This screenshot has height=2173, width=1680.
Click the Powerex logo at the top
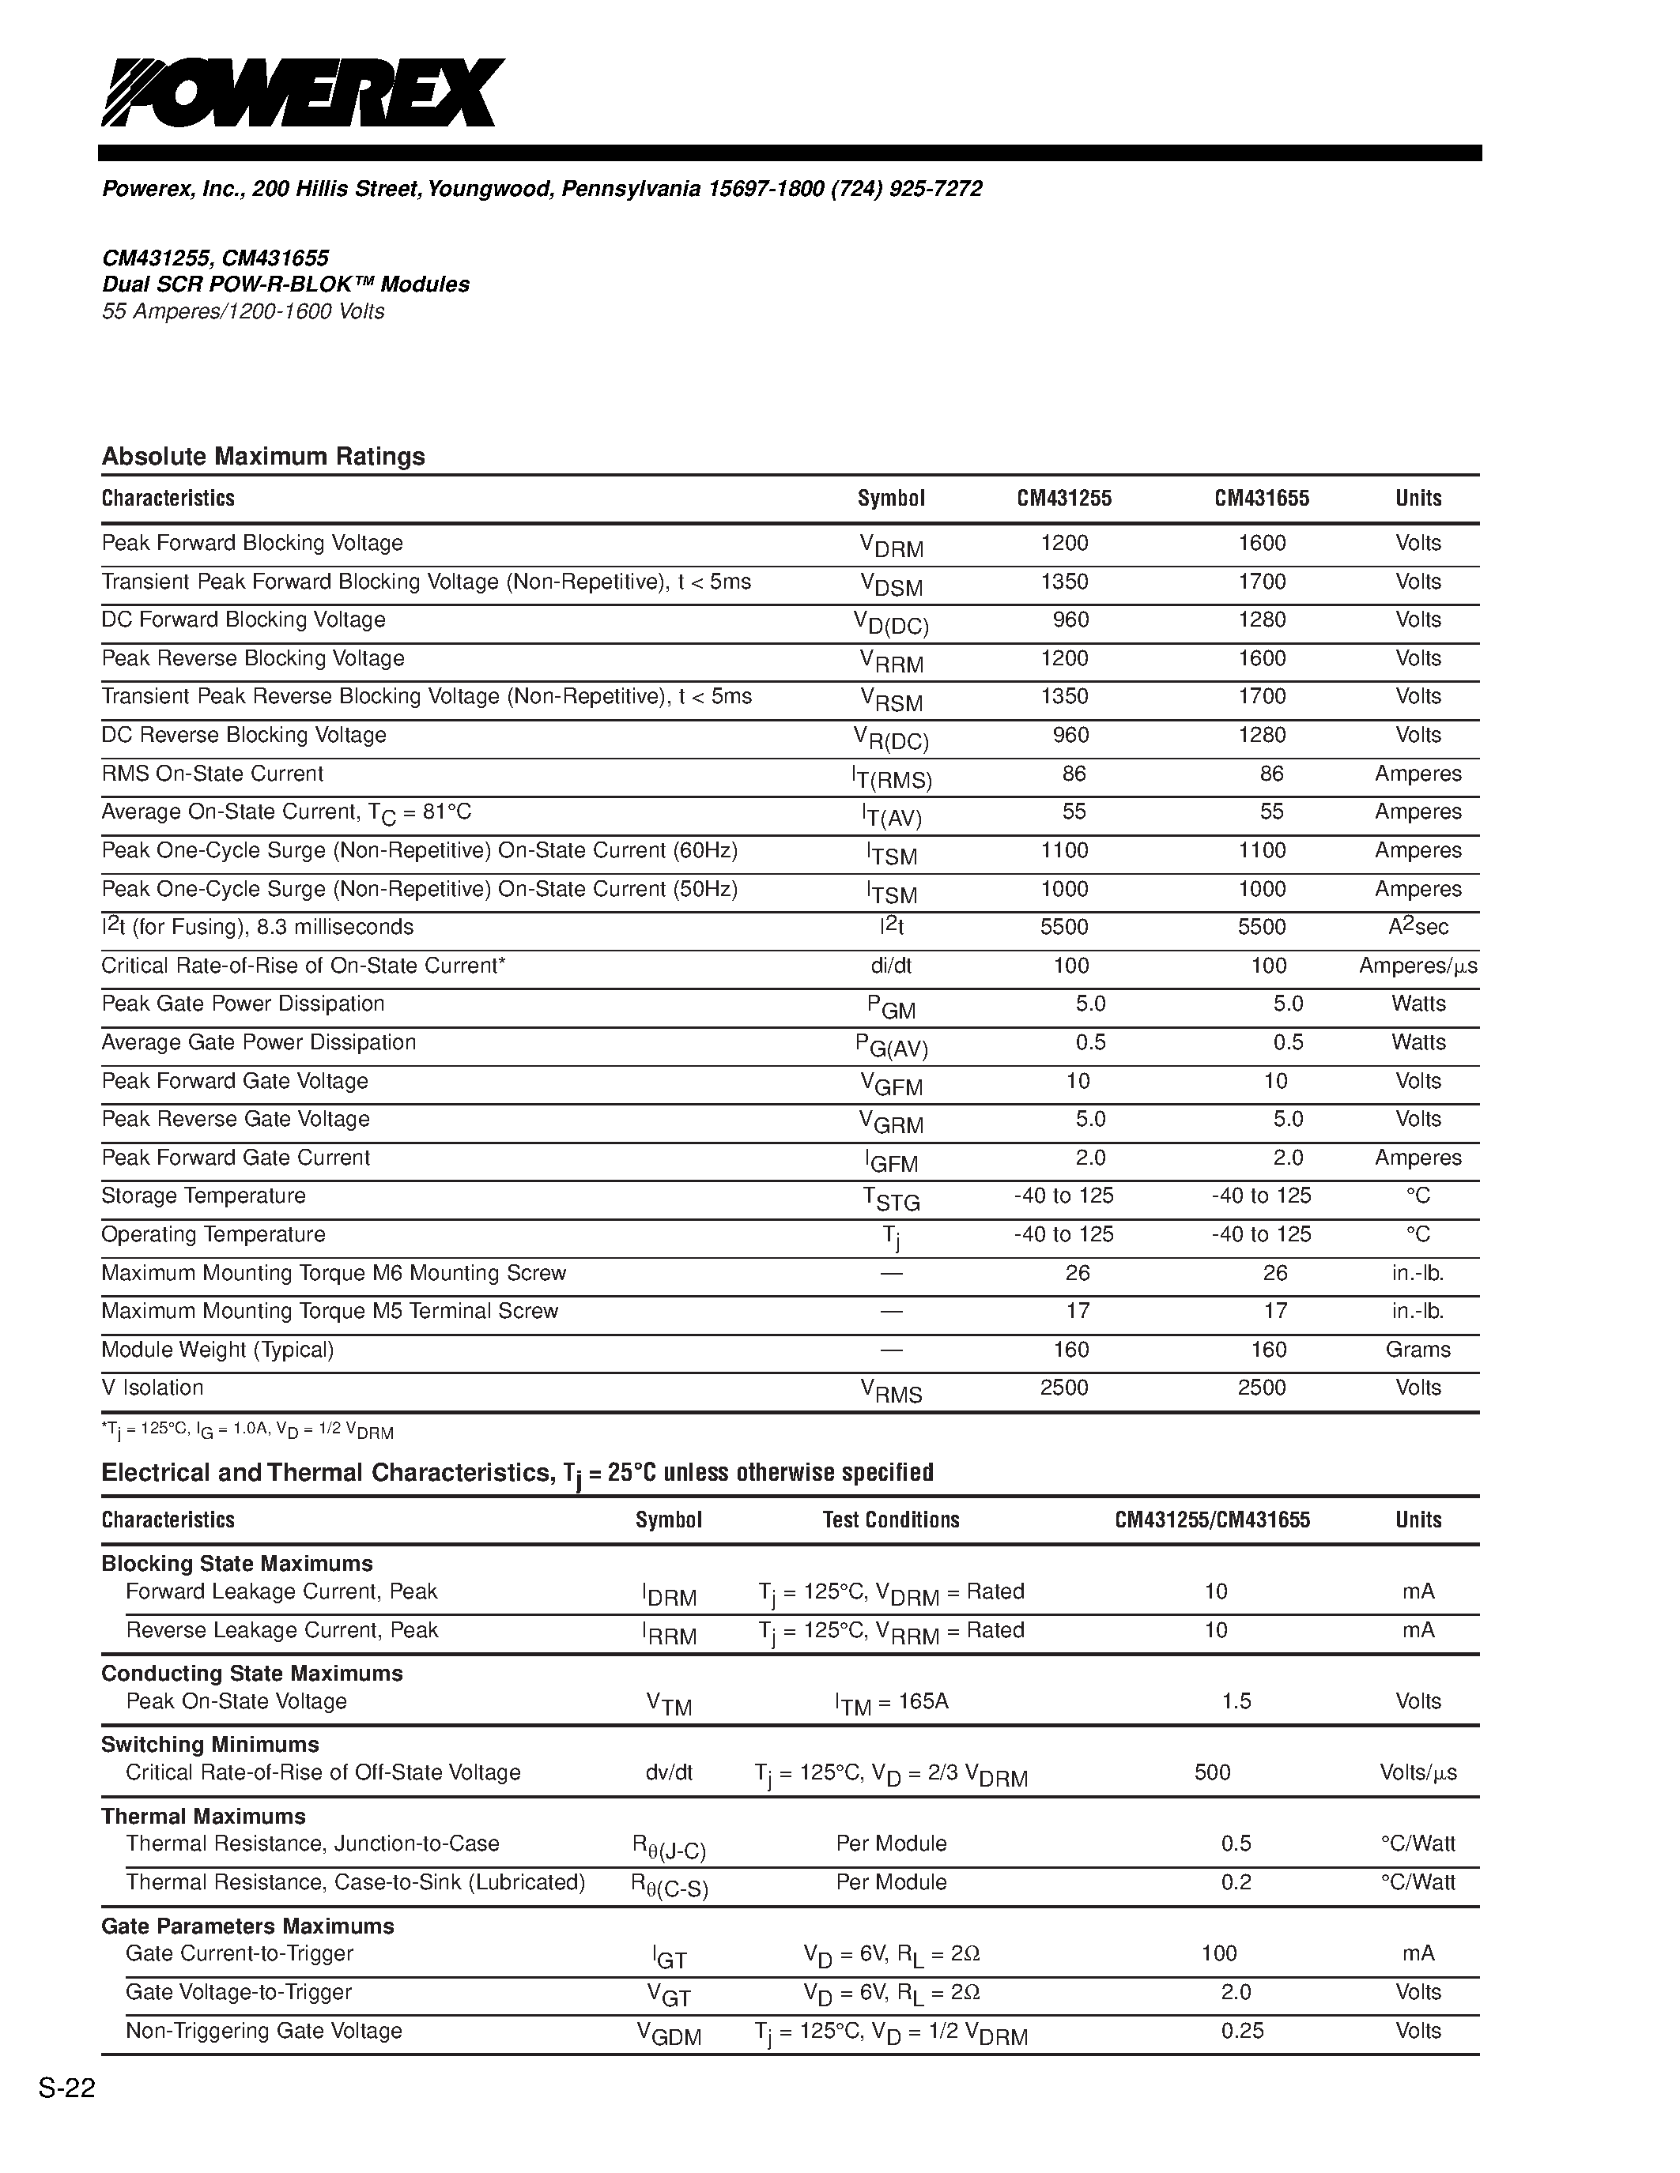[303, 92]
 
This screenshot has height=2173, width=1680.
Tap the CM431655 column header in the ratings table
[1261, 499]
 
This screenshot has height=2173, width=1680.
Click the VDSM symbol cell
[891, 584]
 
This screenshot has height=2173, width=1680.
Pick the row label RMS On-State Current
[212, 774]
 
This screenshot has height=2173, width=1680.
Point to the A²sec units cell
[1418, 928]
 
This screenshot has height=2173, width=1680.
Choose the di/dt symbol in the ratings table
[891, 966]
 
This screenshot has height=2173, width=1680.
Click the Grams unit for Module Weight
[1418, 1350]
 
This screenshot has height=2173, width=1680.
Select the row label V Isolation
[153, 1388]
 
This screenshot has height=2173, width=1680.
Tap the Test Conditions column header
[891, 1520]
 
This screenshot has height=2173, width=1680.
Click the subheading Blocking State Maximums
[237, 1564]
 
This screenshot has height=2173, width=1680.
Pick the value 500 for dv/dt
[1212, 1773]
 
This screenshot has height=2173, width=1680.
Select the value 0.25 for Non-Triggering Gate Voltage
[1242, 2031]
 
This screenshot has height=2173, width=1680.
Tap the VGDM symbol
[669, 2035]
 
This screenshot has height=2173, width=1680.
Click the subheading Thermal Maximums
[203, 1817]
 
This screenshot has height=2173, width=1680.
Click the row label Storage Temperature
[203, 1196]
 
